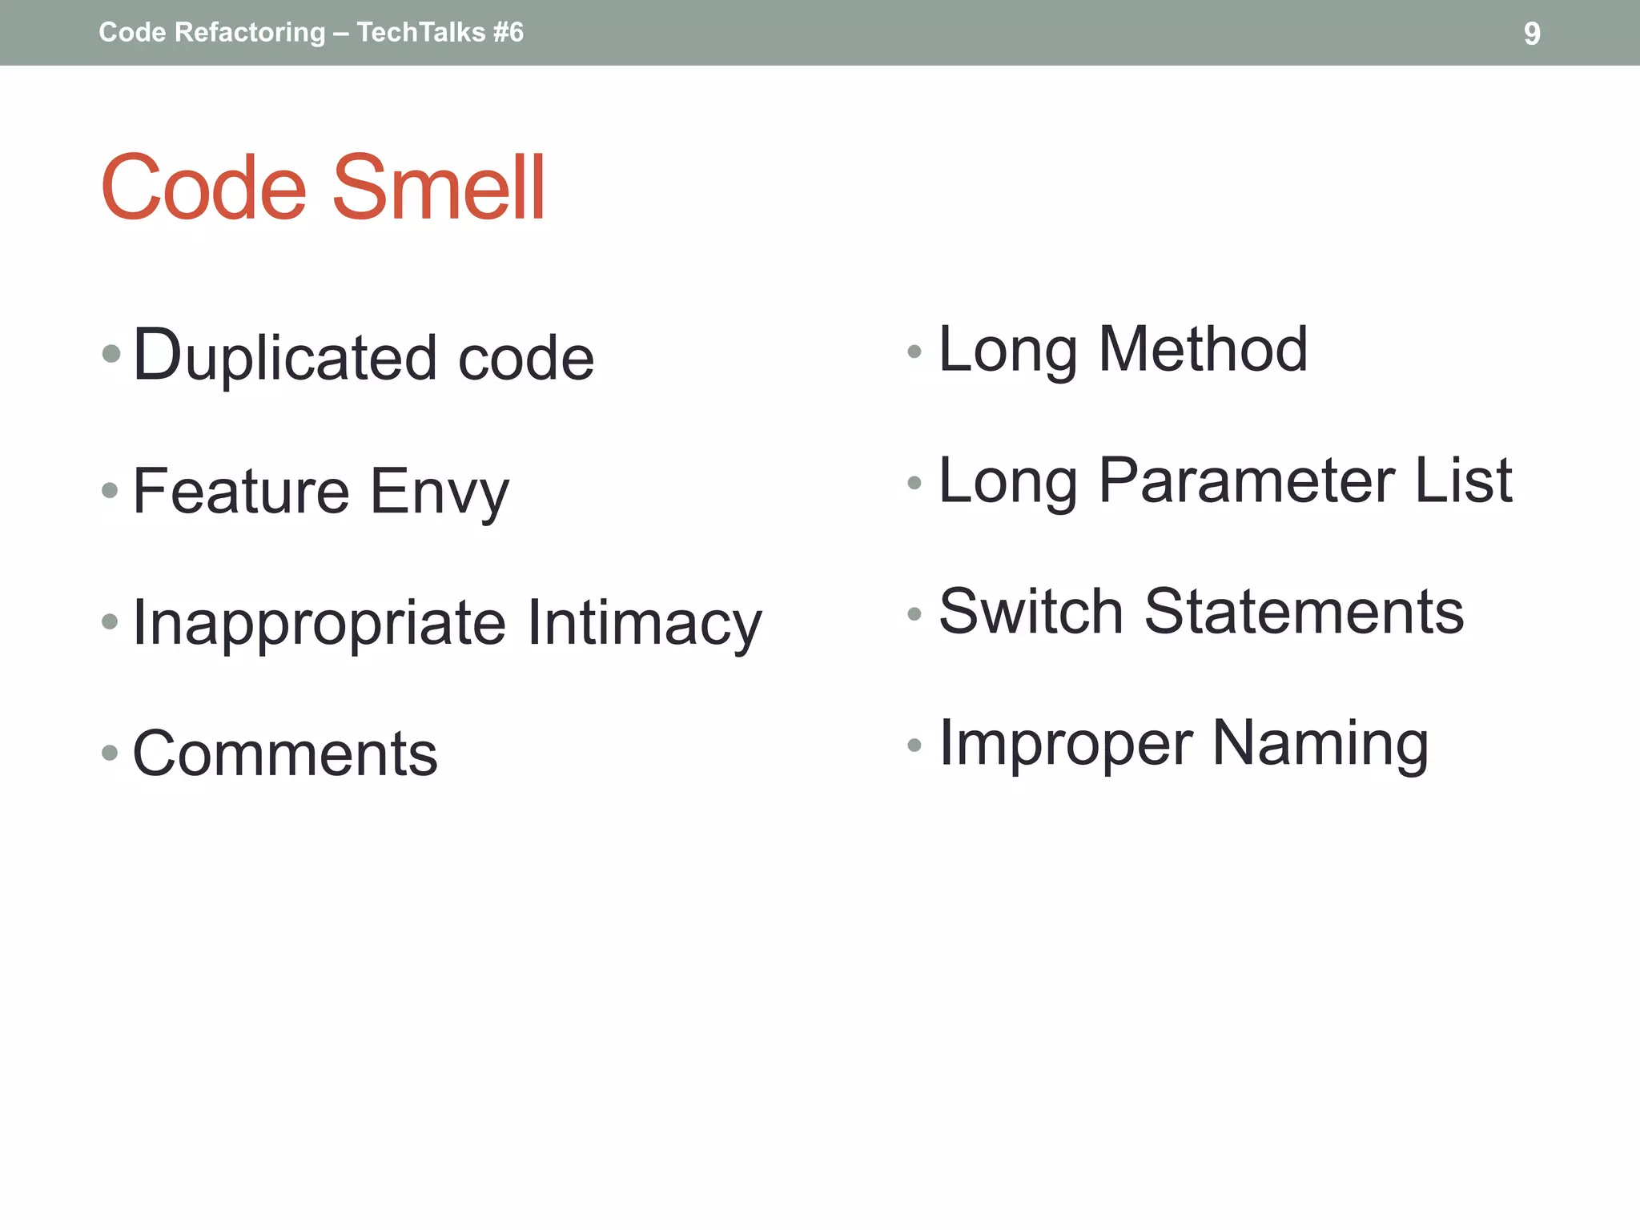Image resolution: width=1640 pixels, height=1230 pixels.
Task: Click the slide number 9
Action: pyautogui.click(x=1531, y=34)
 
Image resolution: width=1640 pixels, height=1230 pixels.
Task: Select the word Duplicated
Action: pyautogui.click(x=284, y=356)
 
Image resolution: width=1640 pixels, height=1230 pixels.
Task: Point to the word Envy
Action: pyautogui.click(x=439, y=492)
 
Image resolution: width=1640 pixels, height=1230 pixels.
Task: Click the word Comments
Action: pyautogui.click(x=285, y=754)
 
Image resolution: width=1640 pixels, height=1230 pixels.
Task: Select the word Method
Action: pyautogui.click(x=1203, y=350)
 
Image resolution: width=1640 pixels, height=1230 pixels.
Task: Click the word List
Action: pyautogui.click(x=1463, y=480)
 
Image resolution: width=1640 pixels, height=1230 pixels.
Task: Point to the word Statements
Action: pyautogui.click(x=1304, y=612)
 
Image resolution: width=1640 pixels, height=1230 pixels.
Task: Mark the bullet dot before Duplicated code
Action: pyautogui.click(x=111, y=353)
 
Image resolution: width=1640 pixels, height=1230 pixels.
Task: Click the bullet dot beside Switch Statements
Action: pyautogui.click(x=914, y=614)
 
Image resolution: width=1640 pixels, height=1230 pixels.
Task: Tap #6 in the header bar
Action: pyautogui.click(x=508, y=33)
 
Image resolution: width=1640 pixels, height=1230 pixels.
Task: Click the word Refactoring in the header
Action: pyautogui.click(x=250, y=33)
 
